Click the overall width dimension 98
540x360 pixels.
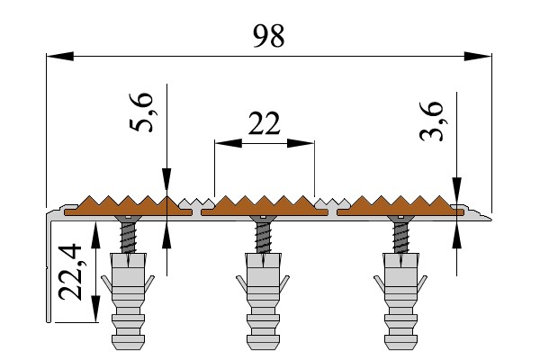pos(268,36)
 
